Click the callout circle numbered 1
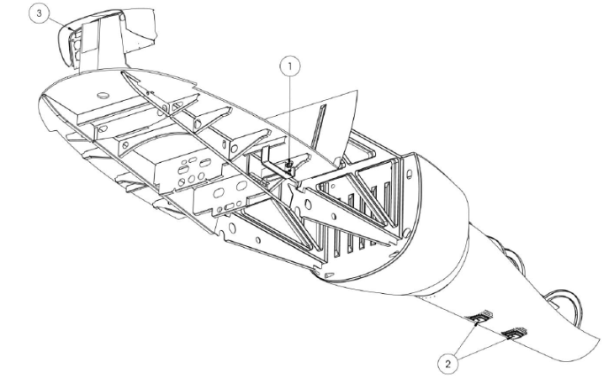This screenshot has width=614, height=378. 290,67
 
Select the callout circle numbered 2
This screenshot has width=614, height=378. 448,364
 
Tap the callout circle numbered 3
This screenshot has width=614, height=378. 40,13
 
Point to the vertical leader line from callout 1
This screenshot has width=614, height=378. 290,120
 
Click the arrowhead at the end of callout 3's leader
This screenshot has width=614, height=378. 71,29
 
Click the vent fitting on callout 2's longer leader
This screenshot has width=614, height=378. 515,333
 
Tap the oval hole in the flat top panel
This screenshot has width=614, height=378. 103,95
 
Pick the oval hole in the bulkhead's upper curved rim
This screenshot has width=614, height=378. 410,173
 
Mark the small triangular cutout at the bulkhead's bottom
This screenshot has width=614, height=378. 330,275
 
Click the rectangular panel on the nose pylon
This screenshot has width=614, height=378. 89,37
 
